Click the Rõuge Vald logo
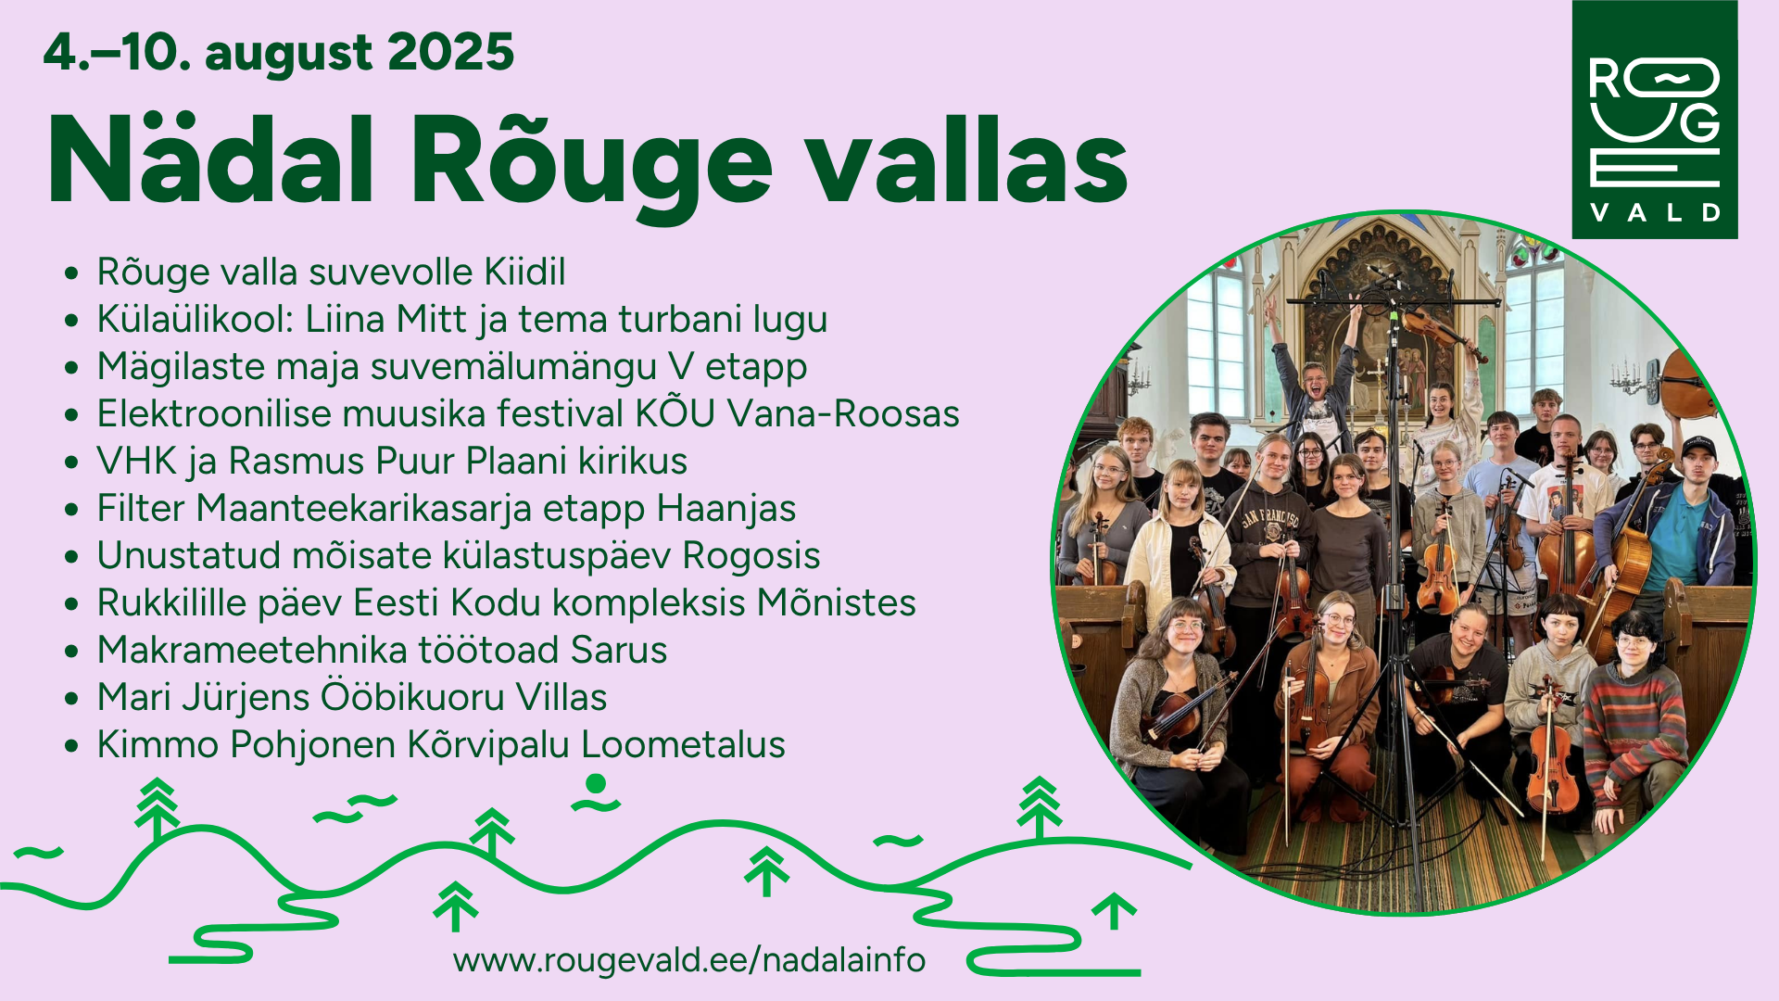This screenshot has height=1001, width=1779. (x=1654, y=120)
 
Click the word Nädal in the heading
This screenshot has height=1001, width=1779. (x=211, y=161)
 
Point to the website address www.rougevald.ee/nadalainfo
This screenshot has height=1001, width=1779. (x=689, y=960)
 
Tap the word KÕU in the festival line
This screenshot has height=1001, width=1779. (x=675, y=414)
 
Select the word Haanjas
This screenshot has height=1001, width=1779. (x=726, y=509)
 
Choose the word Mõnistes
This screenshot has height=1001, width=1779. (x=836, y=603)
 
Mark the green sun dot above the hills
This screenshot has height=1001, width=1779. (x=596, y=785)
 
